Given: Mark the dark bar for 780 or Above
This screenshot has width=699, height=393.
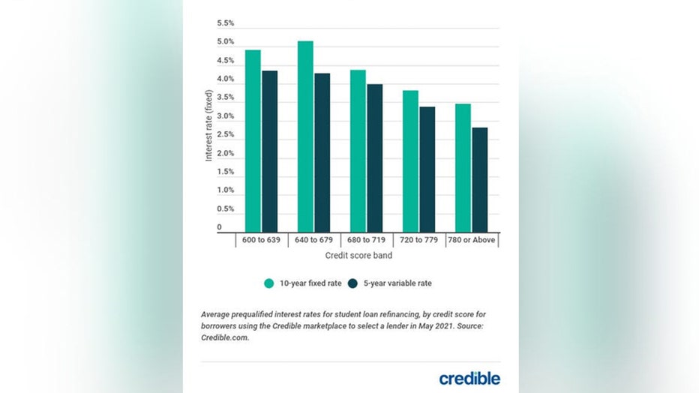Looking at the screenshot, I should (479, 179).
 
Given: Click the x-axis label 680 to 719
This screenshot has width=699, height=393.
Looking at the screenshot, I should (366, 241).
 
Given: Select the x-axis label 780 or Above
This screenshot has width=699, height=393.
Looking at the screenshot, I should (472, 241).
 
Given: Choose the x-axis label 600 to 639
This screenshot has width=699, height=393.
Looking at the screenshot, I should (261, 241).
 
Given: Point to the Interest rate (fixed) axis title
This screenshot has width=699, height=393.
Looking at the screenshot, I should (208, 126).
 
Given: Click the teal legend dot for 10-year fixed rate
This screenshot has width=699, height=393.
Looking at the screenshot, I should (268, 283).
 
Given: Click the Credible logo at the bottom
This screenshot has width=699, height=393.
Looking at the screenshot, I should (469, 377).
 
